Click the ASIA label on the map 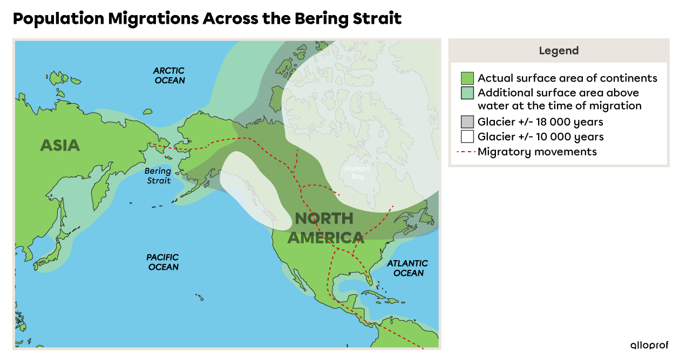[x=60, y=145]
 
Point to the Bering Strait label [x=158, y=175]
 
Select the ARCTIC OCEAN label [x=169, y=76]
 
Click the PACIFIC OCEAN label [x=162, y=262]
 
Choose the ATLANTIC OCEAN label [x=407, y=268]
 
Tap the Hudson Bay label [x=357, y=173]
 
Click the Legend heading [x=559, y=51]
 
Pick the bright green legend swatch [x=467, y=78]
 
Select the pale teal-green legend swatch [x=467, y=93]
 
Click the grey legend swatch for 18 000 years [x=467, y=122]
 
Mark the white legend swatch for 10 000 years [x=467, y=137]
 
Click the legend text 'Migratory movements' [x=537, y=152]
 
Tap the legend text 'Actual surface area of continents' [x=567, y=78]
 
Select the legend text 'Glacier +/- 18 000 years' [x=540, y=122]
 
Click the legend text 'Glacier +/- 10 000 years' [x=540, y=137]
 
